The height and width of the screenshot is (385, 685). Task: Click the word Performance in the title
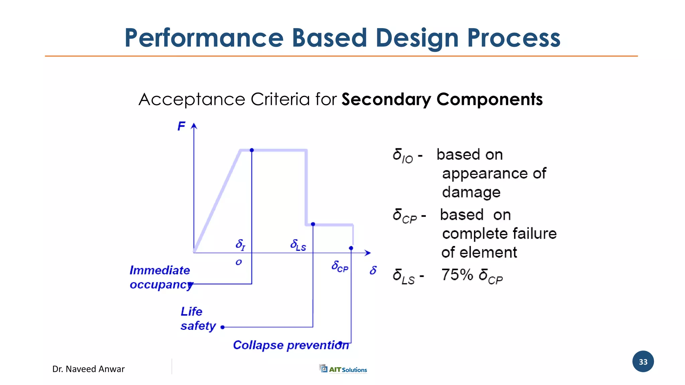coord(204,38)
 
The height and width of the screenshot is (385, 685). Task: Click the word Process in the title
coord(513,38)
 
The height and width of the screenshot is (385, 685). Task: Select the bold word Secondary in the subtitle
coord(386,100)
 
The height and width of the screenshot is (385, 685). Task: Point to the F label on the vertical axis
coord(181,126)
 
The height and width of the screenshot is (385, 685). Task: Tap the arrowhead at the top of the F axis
coord(194,126)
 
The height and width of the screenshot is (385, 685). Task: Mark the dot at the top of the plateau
coord(252,150)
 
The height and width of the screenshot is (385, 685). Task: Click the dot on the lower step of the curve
coord(313,224)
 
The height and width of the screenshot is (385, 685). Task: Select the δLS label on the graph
coord(298,245)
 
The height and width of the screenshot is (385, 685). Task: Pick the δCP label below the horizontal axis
coord(340,267)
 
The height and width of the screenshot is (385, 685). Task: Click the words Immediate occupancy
coord(160,277)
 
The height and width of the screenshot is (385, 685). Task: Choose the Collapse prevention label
coord(291,345)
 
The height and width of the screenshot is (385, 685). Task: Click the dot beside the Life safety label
coord(222,327)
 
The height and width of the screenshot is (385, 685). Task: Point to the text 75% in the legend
coord(457,275)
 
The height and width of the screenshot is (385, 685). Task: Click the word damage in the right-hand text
coord(471,192)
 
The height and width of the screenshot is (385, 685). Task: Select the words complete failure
coord(499,234)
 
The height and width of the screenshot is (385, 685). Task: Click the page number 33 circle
coord(643,362)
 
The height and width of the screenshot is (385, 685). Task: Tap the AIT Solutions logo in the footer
coord(343,369)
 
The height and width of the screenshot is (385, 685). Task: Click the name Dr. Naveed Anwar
coord(88,369)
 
